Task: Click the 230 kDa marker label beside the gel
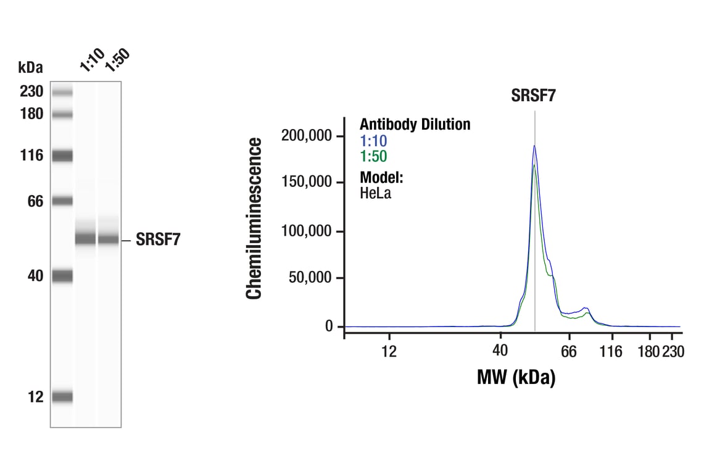pyautogui.click(x=31, y=92)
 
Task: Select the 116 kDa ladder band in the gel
pyautogui.click(x=62, y=156)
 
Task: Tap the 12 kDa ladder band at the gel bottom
pyautogui.click(x=62, y=397)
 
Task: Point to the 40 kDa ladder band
pyautogui.click(x=62, y=276)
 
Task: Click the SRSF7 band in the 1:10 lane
pyautogui.click(x=86, y=239)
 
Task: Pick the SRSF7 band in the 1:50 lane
pyautogui.click(x=109, y=239)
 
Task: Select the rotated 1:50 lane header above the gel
pyautogui.click(x=117, y=60)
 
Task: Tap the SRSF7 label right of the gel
pyautogui.click(x=159, y=240)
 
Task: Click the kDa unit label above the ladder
pyautogui.click(x=31, y=67)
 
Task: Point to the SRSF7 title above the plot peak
pyautogui.click(x=534, y=96)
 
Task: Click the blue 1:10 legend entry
pyautogui.click(x=373, y=141)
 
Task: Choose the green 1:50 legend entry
pyautogui.click(x=373, y=157)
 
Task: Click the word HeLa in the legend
pyautogui.click(x=376, y=193)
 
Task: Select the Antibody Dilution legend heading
pyautogui.click(x=415, y=125)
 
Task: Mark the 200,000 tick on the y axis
pyautogui.click(x=307, y=135)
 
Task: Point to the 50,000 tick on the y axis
pyautogui.click(x=310, y=278)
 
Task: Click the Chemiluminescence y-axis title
pyautogui.click(x=254, y=218)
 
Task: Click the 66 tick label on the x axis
pyautogui.click(x=568, y=351)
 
